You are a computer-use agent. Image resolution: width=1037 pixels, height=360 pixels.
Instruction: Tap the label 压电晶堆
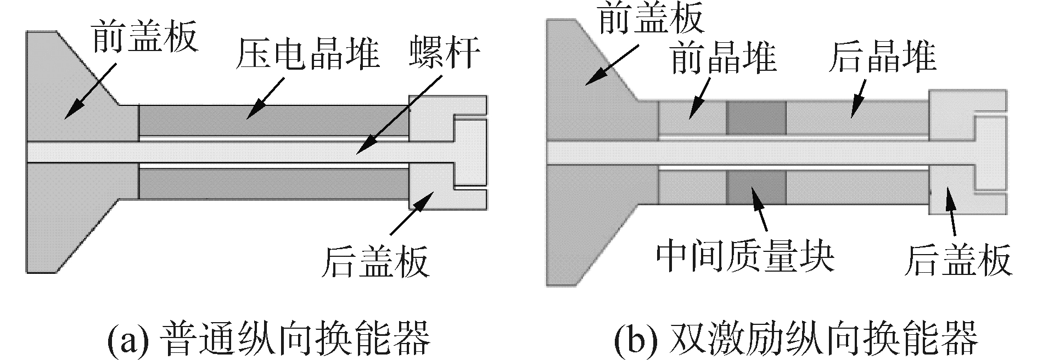[x=307, y=55]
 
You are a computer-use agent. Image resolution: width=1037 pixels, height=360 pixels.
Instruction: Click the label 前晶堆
[x=724, y=59]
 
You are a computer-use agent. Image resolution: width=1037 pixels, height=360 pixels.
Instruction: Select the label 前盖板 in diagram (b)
[x=651, y=20]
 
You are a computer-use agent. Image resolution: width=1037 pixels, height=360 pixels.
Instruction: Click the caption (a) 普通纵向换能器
[x=269, y=338]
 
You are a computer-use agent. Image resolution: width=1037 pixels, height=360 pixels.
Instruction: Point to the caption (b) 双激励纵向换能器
[x=795, y=338]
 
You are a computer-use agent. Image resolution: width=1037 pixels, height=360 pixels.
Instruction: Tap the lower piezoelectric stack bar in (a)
[x=274, y=183]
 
